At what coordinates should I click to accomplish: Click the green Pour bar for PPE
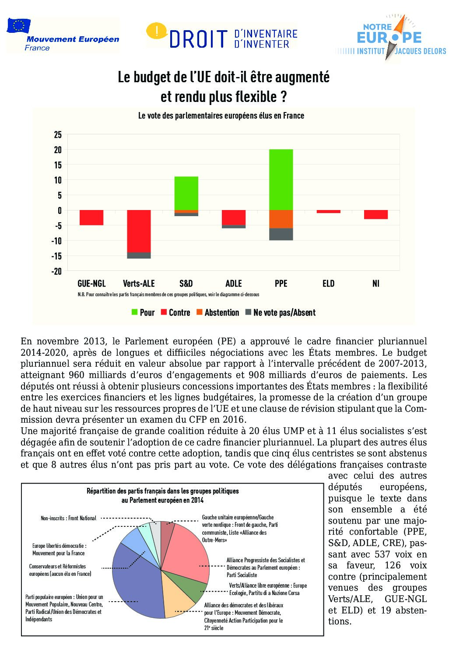click(281, 179)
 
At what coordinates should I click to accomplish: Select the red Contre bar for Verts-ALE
click(139, 231)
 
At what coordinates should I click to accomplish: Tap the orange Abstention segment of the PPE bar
click(281, 219)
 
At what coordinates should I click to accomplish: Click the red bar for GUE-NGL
click(91, 217)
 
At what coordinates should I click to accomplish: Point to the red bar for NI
click(376, 214)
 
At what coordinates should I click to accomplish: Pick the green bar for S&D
click(186, 193)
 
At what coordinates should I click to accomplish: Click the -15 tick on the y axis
click(57, 256)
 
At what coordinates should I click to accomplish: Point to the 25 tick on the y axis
click(58, 135)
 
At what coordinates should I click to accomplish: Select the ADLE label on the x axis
click(234, 284)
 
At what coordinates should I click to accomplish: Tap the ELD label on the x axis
click(328, 284)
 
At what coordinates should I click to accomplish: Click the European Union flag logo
click(19, 26)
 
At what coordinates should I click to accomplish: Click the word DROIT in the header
click(199, 39)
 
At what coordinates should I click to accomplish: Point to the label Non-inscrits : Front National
click(68, 518)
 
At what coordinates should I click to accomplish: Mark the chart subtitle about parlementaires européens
click(221, 116)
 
